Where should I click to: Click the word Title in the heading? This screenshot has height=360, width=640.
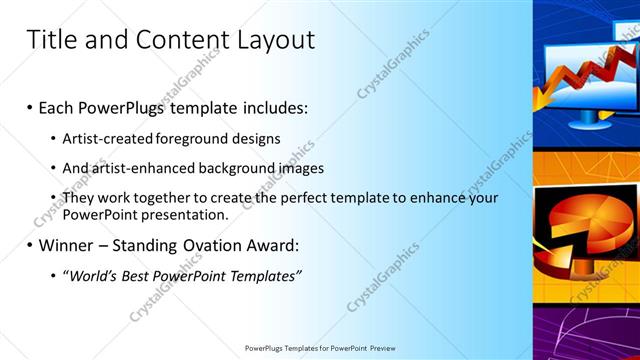coord(50,40)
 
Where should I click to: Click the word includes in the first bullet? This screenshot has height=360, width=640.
coord(275,107)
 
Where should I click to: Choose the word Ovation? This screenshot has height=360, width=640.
coord(210,245)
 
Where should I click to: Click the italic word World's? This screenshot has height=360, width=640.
coord(93,275)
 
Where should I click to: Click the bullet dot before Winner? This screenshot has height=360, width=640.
coord(29,245)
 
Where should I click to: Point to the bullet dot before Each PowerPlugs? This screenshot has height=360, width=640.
coord(29,107)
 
